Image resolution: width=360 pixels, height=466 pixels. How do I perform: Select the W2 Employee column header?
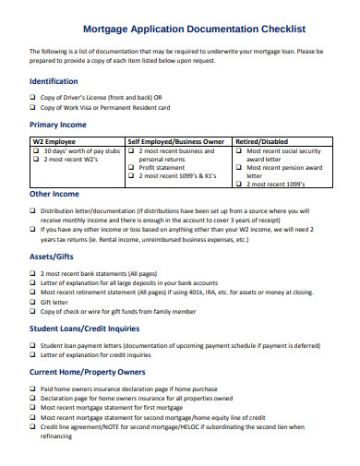(x=56, y=141)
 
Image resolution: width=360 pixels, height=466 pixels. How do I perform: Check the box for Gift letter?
(x=33, y=301)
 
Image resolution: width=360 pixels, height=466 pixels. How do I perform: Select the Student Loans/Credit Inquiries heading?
(x=91, y=328)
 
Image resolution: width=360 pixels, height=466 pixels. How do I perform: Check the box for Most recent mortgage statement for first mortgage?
(x=33, y=407)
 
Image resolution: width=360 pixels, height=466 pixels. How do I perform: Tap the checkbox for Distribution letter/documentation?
(x=33, y=211)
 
